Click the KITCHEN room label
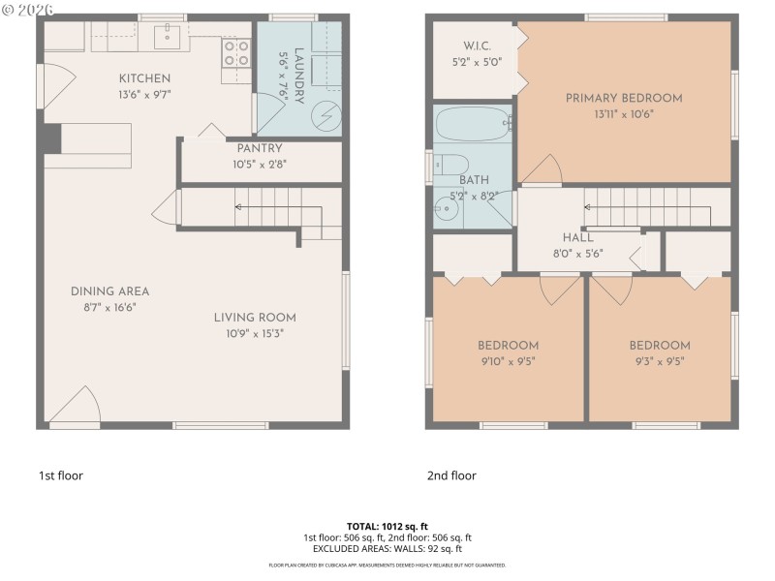(144, 78)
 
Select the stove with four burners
(236, 52)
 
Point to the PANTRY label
(260, 148)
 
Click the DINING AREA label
(109, 291)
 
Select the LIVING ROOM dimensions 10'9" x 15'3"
(255, 333)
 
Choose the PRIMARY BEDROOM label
(624, 98)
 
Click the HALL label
(577, 237)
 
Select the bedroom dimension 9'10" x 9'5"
(508, 361)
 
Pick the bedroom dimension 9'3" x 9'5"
(659, 361)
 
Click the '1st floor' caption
(61, 475)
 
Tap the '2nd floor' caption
(451, 475)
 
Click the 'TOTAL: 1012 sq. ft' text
(387, 526)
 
